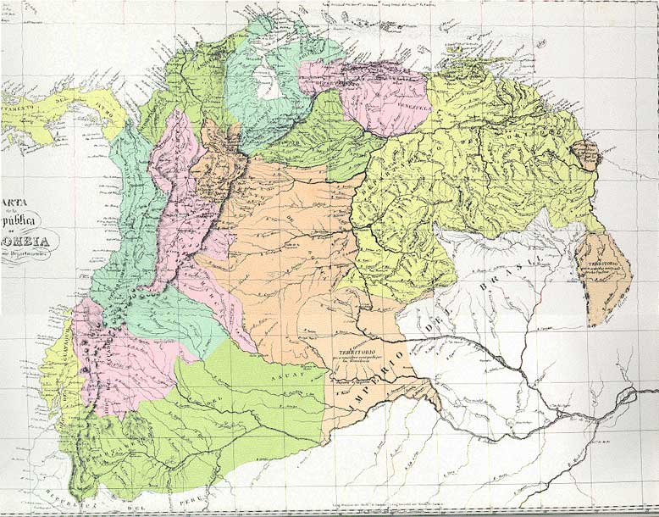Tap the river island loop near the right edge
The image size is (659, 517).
pyautogui.click(x=628, y=398)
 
